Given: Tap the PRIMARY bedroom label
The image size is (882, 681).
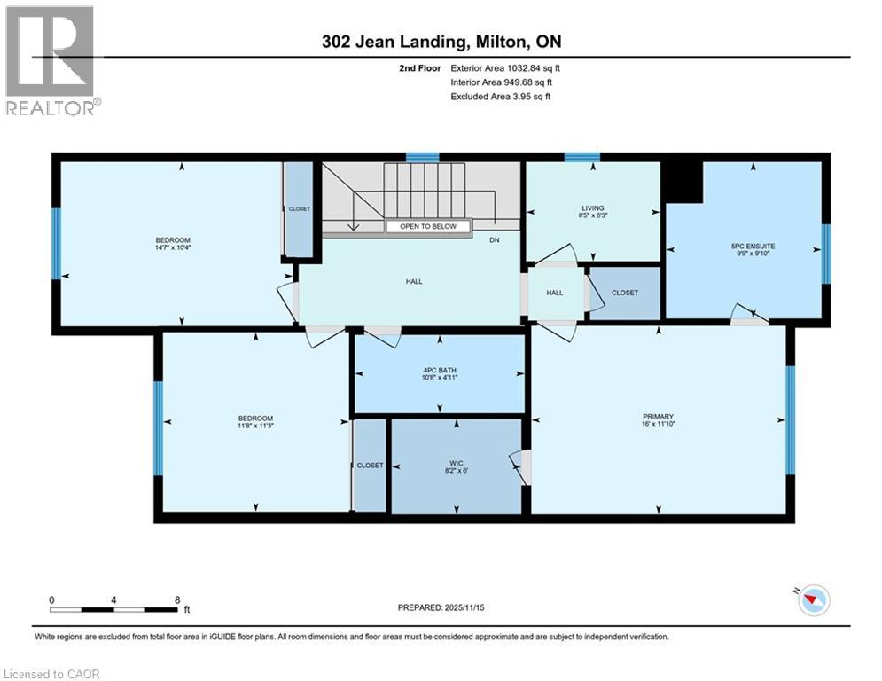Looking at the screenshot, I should click(x=659, y=417).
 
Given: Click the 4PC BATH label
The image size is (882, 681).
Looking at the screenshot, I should click(x=440, y=370).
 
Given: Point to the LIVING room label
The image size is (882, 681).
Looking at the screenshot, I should click(x=592, y=208).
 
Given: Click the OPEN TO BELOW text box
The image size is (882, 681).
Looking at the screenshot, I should click(x=428, y=226).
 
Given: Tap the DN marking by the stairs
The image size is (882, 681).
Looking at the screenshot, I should click(x=494, y=239).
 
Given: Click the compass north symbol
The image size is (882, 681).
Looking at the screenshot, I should click(x=814, y=600).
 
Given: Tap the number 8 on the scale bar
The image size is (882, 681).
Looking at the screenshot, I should click(x=177, y=599).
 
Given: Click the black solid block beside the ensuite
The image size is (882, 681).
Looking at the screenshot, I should click(x=683, y=180).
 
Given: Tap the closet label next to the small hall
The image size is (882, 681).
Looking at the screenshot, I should click(x=625, y=293).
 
